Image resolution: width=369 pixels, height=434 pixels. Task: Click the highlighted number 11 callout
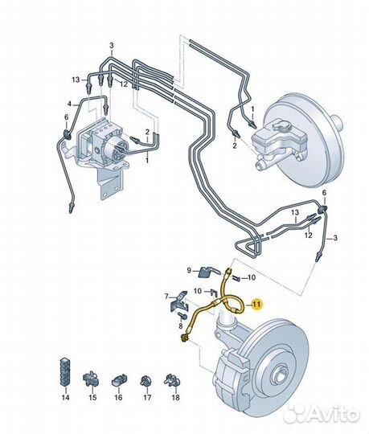tap(257, 305)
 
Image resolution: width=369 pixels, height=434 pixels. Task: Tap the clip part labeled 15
tap(91, 379)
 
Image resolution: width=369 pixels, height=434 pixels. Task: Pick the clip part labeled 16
tap(119, 380)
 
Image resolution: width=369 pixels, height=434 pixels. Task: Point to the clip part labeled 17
tap(146, 381)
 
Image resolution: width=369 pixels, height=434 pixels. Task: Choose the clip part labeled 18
tap(173, 380)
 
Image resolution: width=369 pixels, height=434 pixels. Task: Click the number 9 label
tap(189, 270)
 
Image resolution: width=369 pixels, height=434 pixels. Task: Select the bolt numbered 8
tap(182, 316)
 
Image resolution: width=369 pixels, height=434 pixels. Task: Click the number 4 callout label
tap(69, 104)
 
